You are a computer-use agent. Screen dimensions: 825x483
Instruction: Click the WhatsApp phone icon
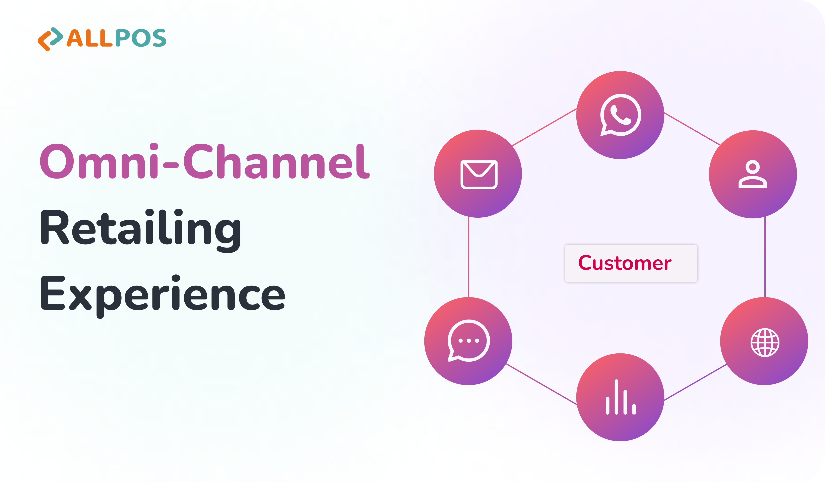620,115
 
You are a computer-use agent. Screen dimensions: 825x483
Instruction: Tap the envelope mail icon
479,175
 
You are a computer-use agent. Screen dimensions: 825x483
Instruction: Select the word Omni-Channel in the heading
205,161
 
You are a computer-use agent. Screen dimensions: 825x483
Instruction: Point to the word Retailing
141,230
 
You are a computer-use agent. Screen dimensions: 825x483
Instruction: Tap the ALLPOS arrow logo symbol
50,39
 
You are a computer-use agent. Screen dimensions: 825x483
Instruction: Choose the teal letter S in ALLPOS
159,38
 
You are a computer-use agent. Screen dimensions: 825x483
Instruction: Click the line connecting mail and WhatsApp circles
544,127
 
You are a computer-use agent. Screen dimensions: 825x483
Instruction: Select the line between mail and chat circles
468,257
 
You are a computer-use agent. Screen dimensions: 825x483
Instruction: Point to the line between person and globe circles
765,257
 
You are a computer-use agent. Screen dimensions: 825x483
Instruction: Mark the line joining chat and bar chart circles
542,384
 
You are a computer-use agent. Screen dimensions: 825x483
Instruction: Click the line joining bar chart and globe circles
695,382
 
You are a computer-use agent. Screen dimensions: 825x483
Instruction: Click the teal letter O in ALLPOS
141,38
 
